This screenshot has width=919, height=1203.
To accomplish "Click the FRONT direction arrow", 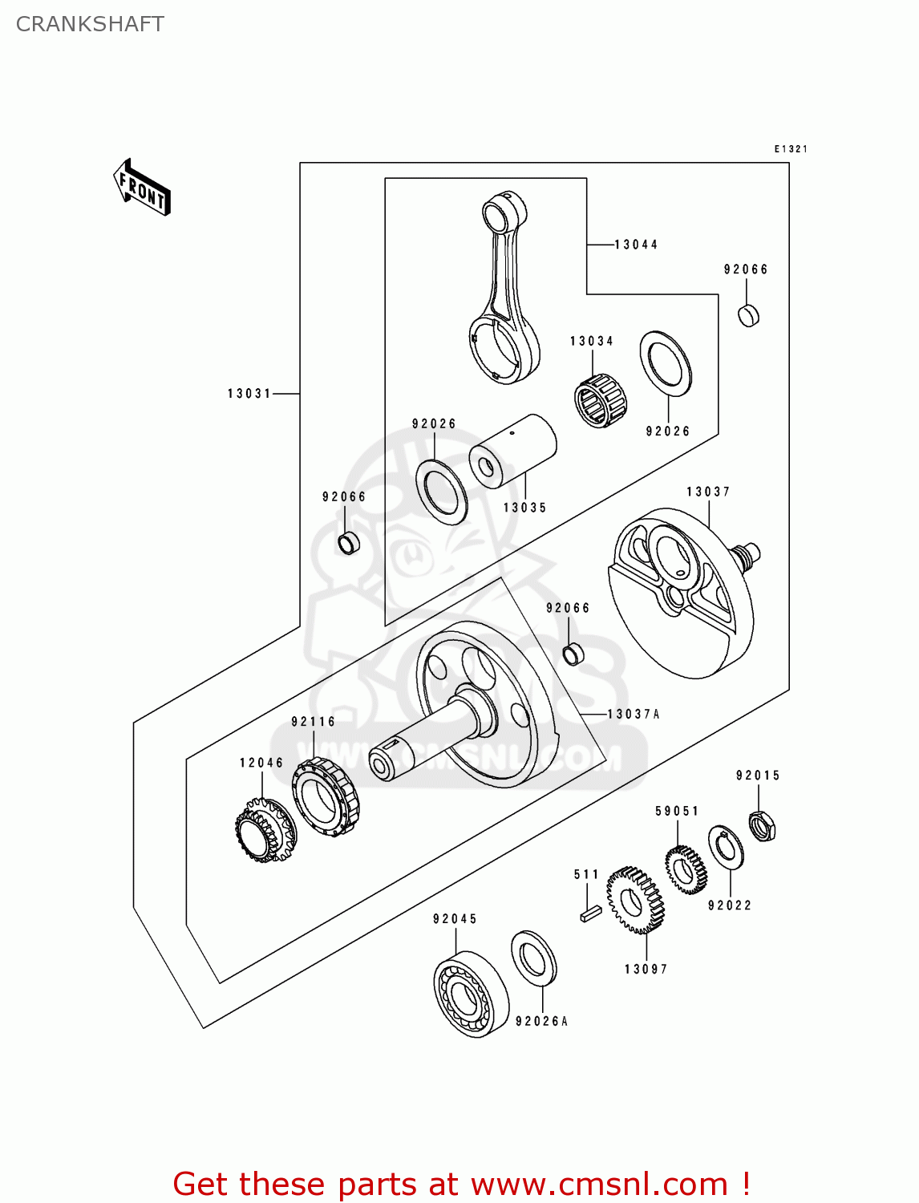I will [142, 187].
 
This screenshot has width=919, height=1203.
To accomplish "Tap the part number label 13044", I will [636, 245].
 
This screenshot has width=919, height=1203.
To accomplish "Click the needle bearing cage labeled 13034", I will [601, 400].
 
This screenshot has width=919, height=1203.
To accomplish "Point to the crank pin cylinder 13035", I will [513, 451].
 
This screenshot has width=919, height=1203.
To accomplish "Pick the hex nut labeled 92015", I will [762, 825].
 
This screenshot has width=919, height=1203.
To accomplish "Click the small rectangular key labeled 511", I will [590, 913].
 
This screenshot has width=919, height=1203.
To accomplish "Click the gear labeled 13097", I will [635, 901].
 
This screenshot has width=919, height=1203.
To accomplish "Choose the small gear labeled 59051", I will [686, 869].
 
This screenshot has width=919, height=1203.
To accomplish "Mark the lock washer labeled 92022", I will [727, 847].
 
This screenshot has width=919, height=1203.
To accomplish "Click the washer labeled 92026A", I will [534, 957].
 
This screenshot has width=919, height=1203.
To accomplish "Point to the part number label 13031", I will [249, 394].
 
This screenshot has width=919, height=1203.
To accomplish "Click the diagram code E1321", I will [791, 149].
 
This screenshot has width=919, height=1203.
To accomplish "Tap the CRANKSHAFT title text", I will [90, 24].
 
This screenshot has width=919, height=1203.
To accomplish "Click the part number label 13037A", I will [634, 714].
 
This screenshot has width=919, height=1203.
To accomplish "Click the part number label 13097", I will [646, 969].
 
